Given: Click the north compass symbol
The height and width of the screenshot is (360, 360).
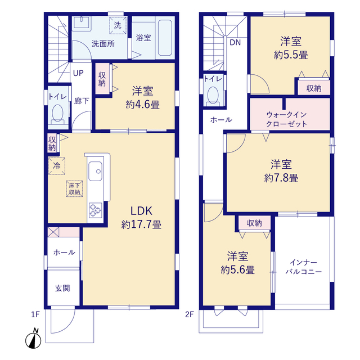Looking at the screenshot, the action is point(33,339).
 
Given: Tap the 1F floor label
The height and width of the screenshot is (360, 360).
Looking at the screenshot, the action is point(35,314).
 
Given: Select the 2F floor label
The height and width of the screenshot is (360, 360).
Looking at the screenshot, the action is point(190,314).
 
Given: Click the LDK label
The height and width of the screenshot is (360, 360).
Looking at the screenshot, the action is point(141,211).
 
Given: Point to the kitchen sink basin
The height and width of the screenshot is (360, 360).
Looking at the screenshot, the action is point(95,171).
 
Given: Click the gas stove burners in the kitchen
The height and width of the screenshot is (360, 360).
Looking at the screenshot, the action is point(95,210).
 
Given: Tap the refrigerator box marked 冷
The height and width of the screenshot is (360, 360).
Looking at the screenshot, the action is point(57,166).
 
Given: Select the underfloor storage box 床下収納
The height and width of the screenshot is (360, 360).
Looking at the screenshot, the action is point(74,189).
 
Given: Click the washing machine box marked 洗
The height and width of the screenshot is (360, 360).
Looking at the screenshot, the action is point(118,25).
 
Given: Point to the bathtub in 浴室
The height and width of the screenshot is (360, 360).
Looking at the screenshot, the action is point(165,38).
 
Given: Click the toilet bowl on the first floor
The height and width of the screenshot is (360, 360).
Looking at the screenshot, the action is point(57,114).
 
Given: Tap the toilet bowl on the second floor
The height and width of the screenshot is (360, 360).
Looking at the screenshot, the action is point(213,96).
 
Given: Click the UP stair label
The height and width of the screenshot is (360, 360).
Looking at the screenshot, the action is point(78,73).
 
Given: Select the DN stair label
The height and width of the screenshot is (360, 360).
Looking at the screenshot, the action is point(235,43).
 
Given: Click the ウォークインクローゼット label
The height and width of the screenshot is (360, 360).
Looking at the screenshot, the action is point(286,119).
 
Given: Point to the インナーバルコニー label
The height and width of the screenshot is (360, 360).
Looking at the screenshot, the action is point(304,267).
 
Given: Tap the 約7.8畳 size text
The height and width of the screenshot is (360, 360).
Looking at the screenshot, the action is point(281,178).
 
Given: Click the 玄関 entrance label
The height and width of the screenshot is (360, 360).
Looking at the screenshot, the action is point(62,288).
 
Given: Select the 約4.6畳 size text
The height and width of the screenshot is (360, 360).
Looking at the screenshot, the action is point(142,105).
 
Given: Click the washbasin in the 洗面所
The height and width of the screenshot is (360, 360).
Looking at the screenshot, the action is point(82,22).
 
